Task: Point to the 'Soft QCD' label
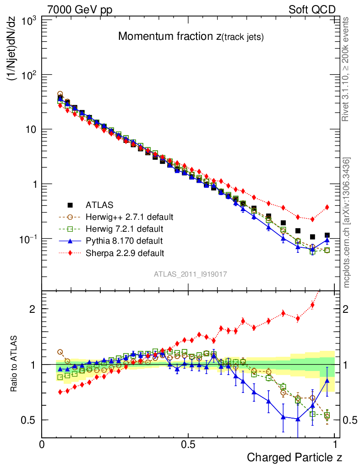point(312,9)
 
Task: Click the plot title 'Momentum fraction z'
point(191,37)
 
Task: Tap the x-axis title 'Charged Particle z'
point(295,457)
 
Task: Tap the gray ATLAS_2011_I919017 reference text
point(191,274)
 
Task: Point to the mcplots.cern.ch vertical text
point(347,223)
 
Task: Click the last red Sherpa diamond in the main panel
point(327,207)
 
